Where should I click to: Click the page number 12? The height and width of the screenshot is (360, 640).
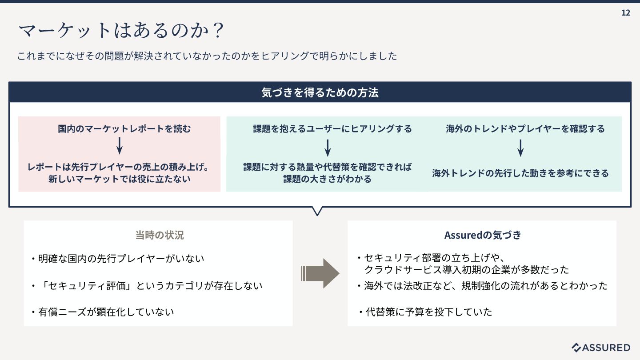click(626, 12)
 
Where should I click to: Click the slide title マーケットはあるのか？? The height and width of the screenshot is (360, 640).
click(121, 31)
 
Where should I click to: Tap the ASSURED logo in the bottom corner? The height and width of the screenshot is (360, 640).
click(601, 348)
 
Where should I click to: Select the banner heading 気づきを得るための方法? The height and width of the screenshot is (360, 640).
click(320, 92)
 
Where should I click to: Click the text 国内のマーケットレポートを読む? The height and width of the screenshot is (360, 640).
click(124, 129)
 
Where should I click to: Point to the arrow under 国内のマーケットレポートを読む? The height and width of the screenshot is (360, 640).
click(119, 146)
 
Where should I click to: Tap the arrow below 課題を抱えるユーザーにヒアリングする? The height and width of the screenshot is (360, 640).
click(328, 148)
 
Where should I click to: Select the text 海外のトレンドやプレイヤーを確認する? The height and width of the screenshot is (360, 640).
click(525, 129)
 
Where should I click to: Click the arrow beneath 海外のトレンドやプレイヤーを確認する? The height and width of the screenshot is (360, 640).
click(520, 148)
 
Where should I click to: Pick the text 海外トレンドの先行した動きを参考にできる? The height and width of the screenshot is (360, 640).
click(520, 173)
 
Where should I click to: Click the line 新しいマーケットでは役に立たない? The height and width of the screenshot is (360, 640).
click(119, 179)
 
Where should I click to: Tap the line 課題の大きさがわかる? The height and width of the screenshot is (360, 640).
click(328, 179)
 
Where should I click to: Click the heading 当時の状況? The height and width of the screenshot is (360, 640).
click(159, 235)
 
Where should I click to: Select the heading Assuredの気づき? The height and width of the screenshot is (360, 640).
click(483, 235)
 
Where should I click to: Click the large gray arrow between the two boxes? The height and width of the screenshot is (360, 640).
click(320, 273)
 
